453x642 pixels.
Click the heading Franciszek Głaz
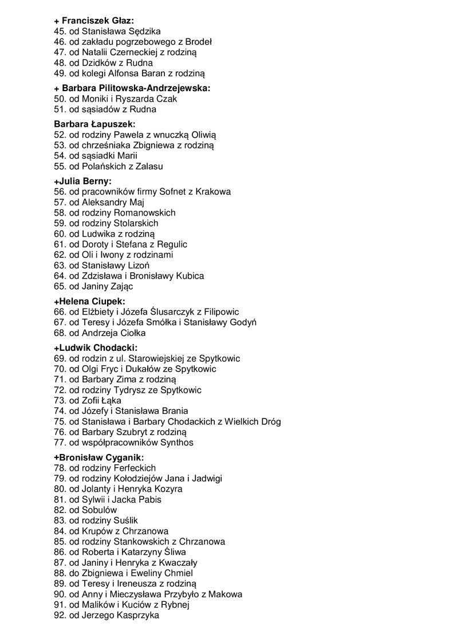click(94, 21)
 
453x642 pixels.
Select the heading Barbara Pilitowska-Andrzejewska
click(132, 88)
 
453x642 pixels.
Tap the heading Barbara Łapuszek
click(94, 124)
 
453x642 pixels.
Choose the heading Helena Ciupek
click(89, 301)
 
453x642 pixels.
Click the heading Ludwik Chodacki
click(96, 348)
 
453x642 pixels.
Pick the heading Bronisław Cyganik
click(99, 457)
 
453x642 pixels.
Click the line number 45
click(60, 32)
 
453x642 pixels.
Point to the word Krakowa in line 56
click(213, 191)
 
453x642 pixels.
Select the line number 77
click(60, 443)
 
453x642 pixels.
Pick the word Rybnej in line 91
click(176, 605)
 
